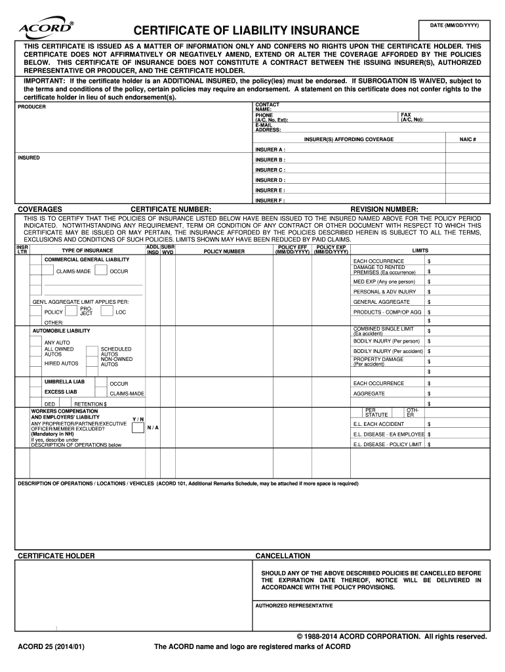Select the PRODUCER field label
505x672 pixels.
[x=31, y=106]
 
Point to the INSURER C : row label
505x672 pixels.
[x=270, y=170]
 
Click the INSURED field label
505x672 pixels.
[x=30, y=157]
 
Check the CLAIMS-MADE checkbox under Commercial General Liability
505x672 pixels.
[x=49, y=271]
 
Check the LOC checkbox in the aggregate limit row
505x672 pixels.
[x=107, y=312]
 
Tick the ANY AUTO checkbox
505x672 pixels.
[x=37, y=343]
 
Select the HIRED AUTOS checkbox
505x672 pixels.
[x=37, y=363]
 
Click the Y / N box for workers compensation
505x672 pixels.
[x=138, y=428]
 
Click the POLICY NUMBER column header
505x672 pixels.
[x=224, y=251]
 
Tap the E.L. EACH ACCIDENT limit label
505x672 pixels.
[x=379, y=424]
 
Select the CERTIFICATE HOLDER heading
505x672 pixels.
[x=56, y=556]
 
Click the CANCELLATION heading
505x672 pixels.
[x=283, y=556]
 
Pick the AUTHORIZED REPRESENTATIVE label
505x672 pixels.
[x=294, y=606]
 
